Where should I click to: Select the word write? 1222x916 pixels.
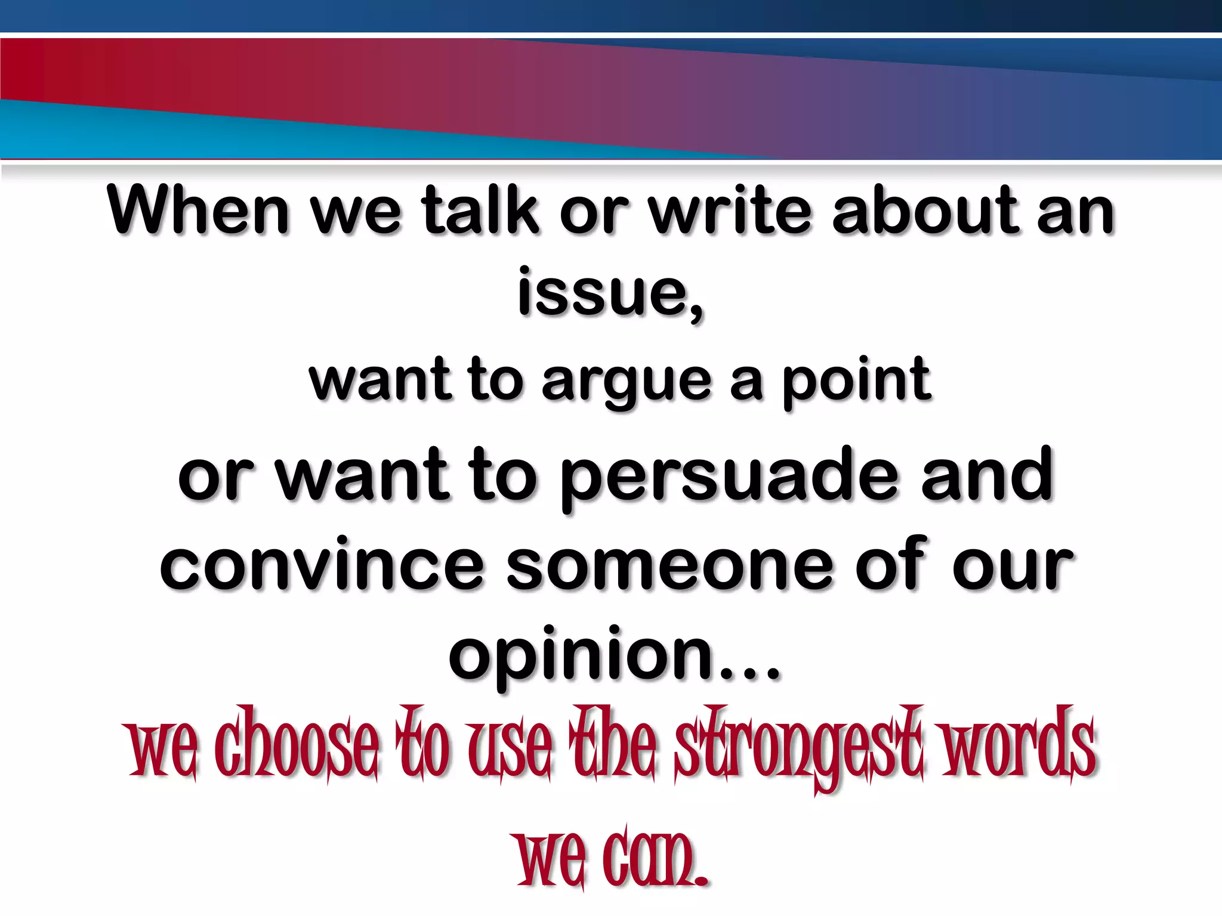point(730,210)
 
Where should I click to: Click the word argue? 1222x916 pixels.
point(627,382)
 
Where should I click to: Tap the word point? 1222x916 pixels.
point(856,382)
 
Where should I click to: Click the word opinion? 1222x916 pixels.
point(582,656)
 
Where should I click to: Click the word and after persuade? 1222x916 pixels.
point(988,477)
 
